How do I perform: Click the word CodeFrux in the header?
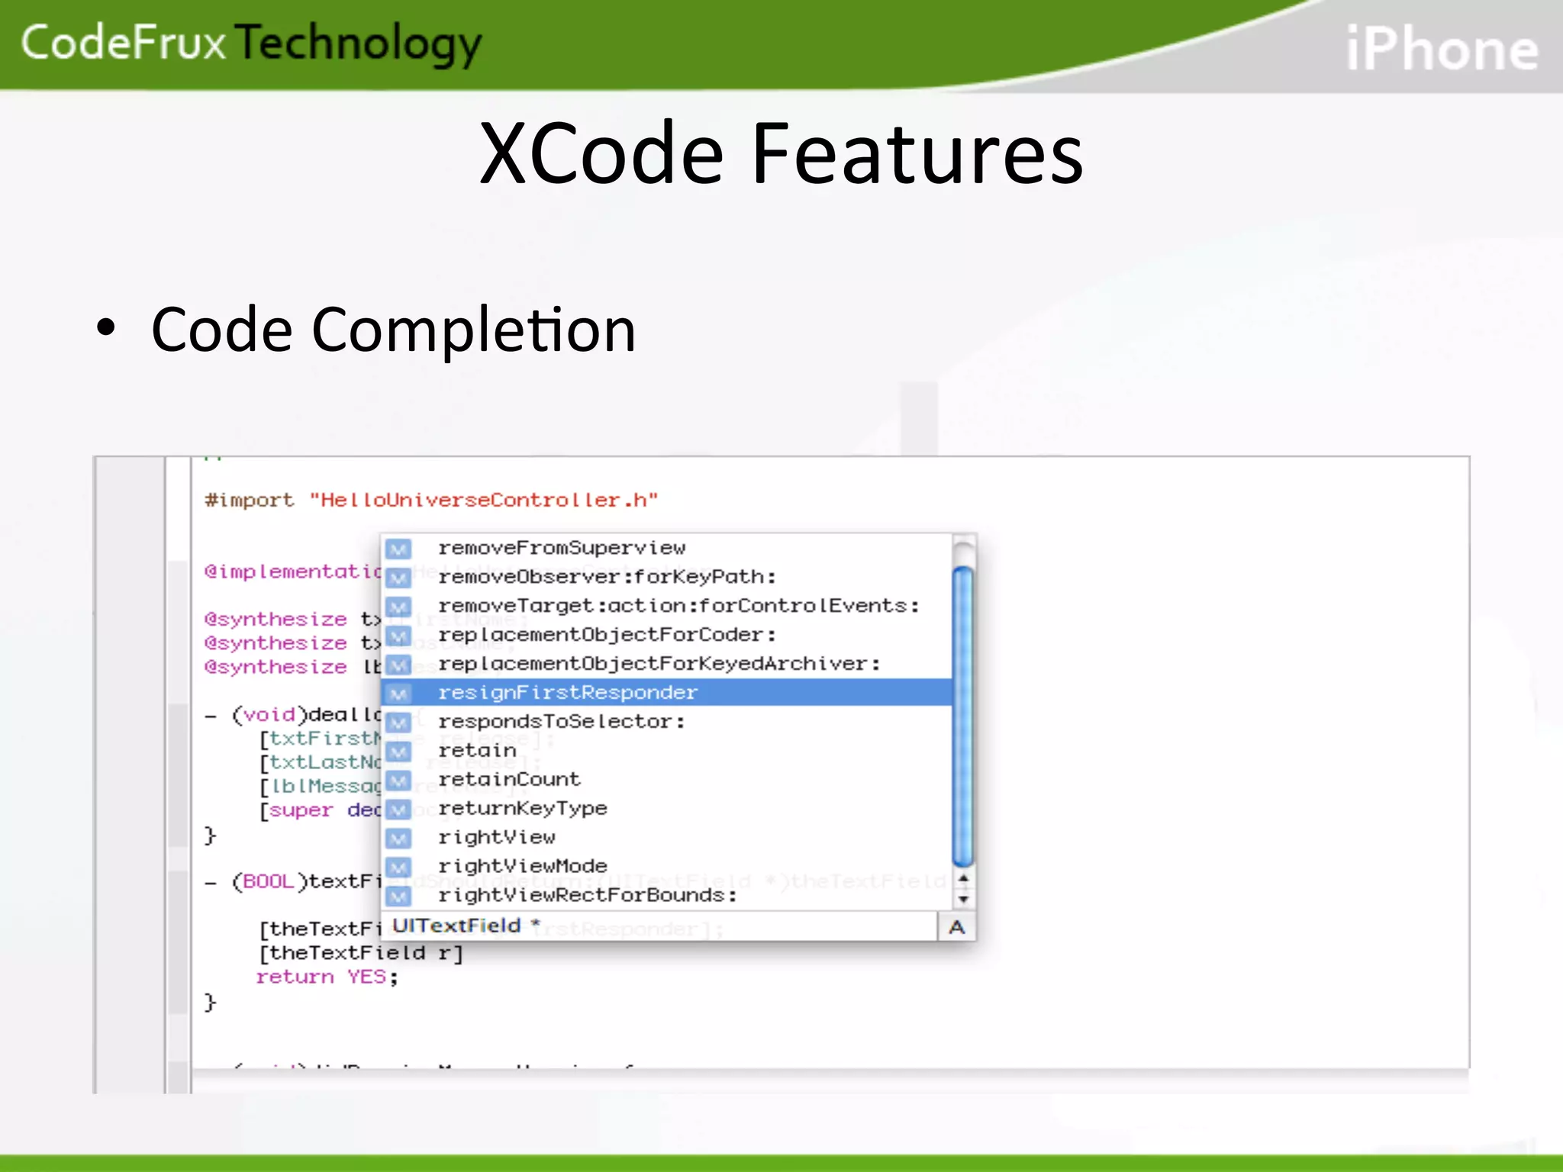124,43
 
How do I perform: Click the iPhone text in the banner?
1442,50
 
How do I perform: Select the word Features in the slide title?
917,154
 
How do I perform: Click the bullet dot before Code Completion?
106,328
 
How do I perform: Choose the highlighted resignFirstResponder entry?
567,692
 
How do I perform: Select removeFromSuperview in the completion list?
562,548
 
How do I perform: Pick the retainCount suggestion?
509,779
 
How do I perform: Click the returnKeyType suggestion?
523,808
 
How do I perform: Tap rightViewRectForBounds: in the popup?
588,895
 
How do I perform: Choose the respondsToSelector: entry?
562,721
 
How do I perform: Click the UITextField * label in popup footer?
466,926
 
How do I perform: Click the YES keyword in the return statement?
366,977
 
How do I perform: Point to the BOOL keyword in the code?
263,881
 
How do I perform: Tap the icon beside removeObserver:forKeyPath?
398,578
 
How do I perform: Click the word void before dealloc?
269,714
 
